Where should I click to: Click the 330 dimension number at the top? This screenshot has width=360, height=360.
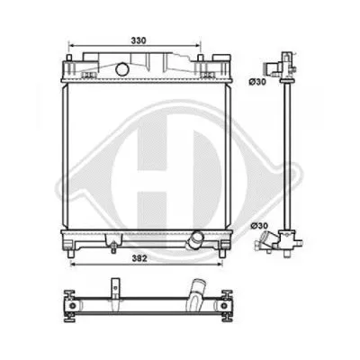pyautogui.click(x=137, y=40)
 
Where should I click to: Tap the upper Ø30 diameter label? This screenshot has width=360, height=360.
pyautogui.click(x=256, y=83)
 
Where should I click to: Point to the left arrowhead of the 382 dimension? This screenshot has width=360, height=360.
pyautogui.click(x=69, y=265)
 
